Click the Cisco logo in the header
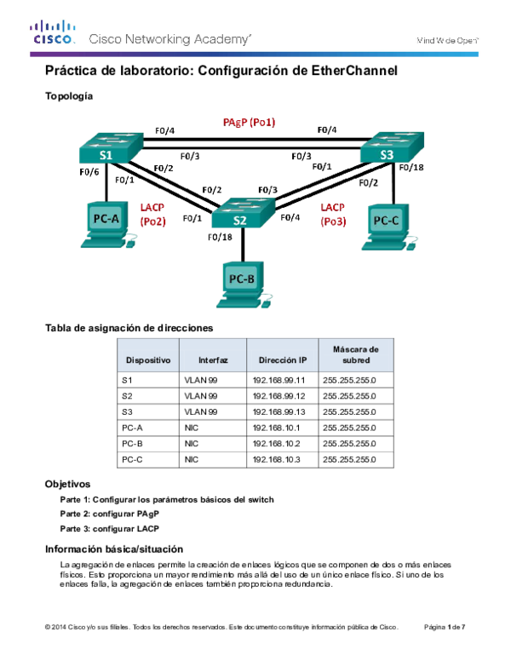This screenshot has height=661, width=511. pos(54,32)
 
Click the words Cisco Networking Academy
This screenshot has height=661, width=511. pos(169,39)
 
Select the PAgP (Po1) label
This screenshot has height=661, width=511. pos(249,123)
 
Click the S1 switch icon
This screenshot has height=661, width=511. pos(111,148)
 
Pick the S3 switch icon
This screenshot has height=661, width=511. pos(391,147)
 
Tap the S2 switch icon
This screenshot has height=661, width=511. pos(243,213)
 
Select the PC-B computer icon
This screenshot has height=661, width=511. pos(244,285)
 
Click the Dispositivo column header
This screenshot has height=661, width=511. pos(148,360)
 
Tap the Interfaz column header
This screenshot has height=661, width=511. pos(213,360)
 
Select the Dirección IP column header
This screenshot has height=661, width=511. pos(283,360)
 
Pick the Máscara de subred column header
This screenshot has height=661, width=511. pos(356,354)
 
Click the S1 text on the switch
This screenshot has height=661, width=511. pos(106,156)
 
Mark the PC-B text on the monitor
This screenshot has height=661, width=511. pos(241,279)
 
